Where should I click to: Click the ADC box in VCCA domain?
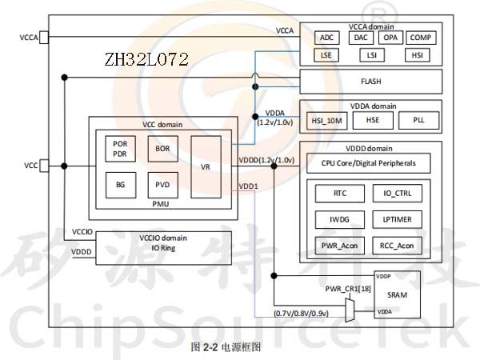pos(326,38)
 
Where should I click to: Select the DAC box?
pos(360,38)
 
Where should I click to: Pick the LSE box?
pos(326,55)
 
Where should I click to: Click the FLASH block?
pos(370,81)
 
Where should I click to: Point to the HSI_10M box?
pos(326,120)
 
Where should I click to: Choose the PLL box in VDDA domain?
pos(419,120)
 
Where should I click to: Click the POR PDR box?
pos(121,149)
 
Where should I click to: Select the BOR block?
pos(162,149)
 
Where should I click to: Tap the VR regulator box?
pos(206,166)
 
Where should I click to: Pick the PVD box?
pos(162,185)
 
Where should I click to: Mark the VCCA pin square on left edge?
pos(44,37)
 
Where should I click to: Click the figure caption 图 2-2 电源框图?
pos(226,348)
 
